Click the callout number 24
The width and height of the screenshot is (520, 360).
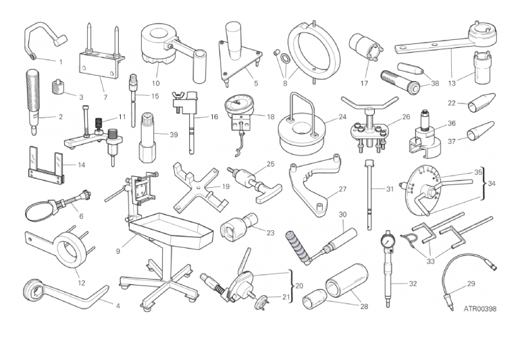click(342, 117)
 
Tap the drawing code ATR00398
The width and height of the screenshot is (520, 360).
click(480, 309)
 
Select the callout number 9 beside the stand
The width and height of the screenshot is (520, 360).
click(118, 251)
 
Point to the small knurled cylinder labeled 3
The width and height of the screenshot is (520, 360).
click(58, 86)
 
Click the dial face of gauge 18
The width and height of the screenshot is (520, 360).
click(238, 103)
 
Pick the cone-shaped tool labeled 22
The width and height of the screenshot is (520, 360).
click(482, 103)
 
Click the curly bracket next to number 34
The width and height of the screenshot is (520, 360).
click(484, 184)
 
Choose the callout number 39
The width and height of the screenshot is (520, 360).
click(174, 134)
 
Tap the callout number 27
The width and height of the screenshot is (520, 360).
click(342, 189)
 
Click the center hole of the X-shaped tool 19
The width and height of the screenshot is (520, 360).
click(199, 188)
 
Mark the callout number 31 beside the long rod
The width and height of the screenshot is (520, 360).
click(390, 189)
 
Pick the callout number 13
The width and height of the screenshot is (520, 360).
click(452, 83)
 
